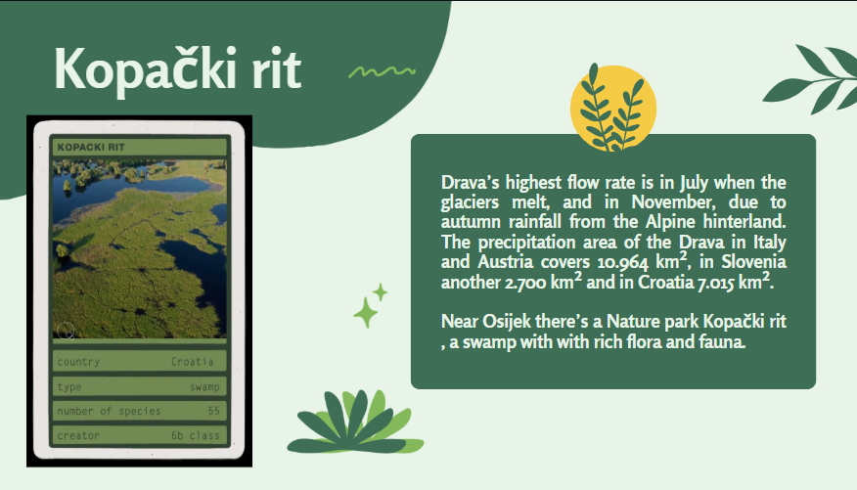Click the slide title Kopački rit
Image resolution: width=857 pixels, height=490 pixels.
tap(178, 68)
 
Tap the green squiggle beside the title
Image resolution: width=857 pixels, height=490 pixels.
tap(383, 71)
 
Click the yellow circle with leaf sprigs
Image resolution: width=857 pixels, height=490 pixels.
tap(612, 109)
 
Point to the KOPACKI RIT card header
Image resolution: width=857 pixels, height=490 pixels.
tap(91, 147)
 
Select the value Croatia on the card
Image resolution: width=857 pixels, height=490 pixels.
tap(193, 362)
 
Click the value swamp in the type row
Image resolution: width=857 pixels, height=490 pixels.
tap(204, 386)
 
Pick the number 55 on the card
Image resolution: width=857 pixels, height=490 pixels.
tap(213, 411)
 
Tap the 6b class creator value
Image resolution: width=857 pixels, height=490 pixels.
tap(195, 435)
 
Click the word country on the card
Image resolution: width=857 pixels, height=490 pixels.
tap(78, 362)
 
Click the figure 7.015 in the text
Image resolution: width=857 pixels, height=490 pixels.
tap(715, 283)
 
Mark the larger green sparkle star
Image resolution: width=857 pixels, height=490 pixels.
tap(366, 313)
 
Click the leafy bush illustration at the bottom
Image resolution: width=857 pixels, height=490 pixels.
tap(355, 422)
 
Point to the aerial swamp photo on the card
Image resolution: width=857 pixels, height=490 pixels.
tap(139, 248)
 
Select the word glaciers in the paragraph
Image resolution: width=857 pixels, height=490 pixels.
tap(470, 202)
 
